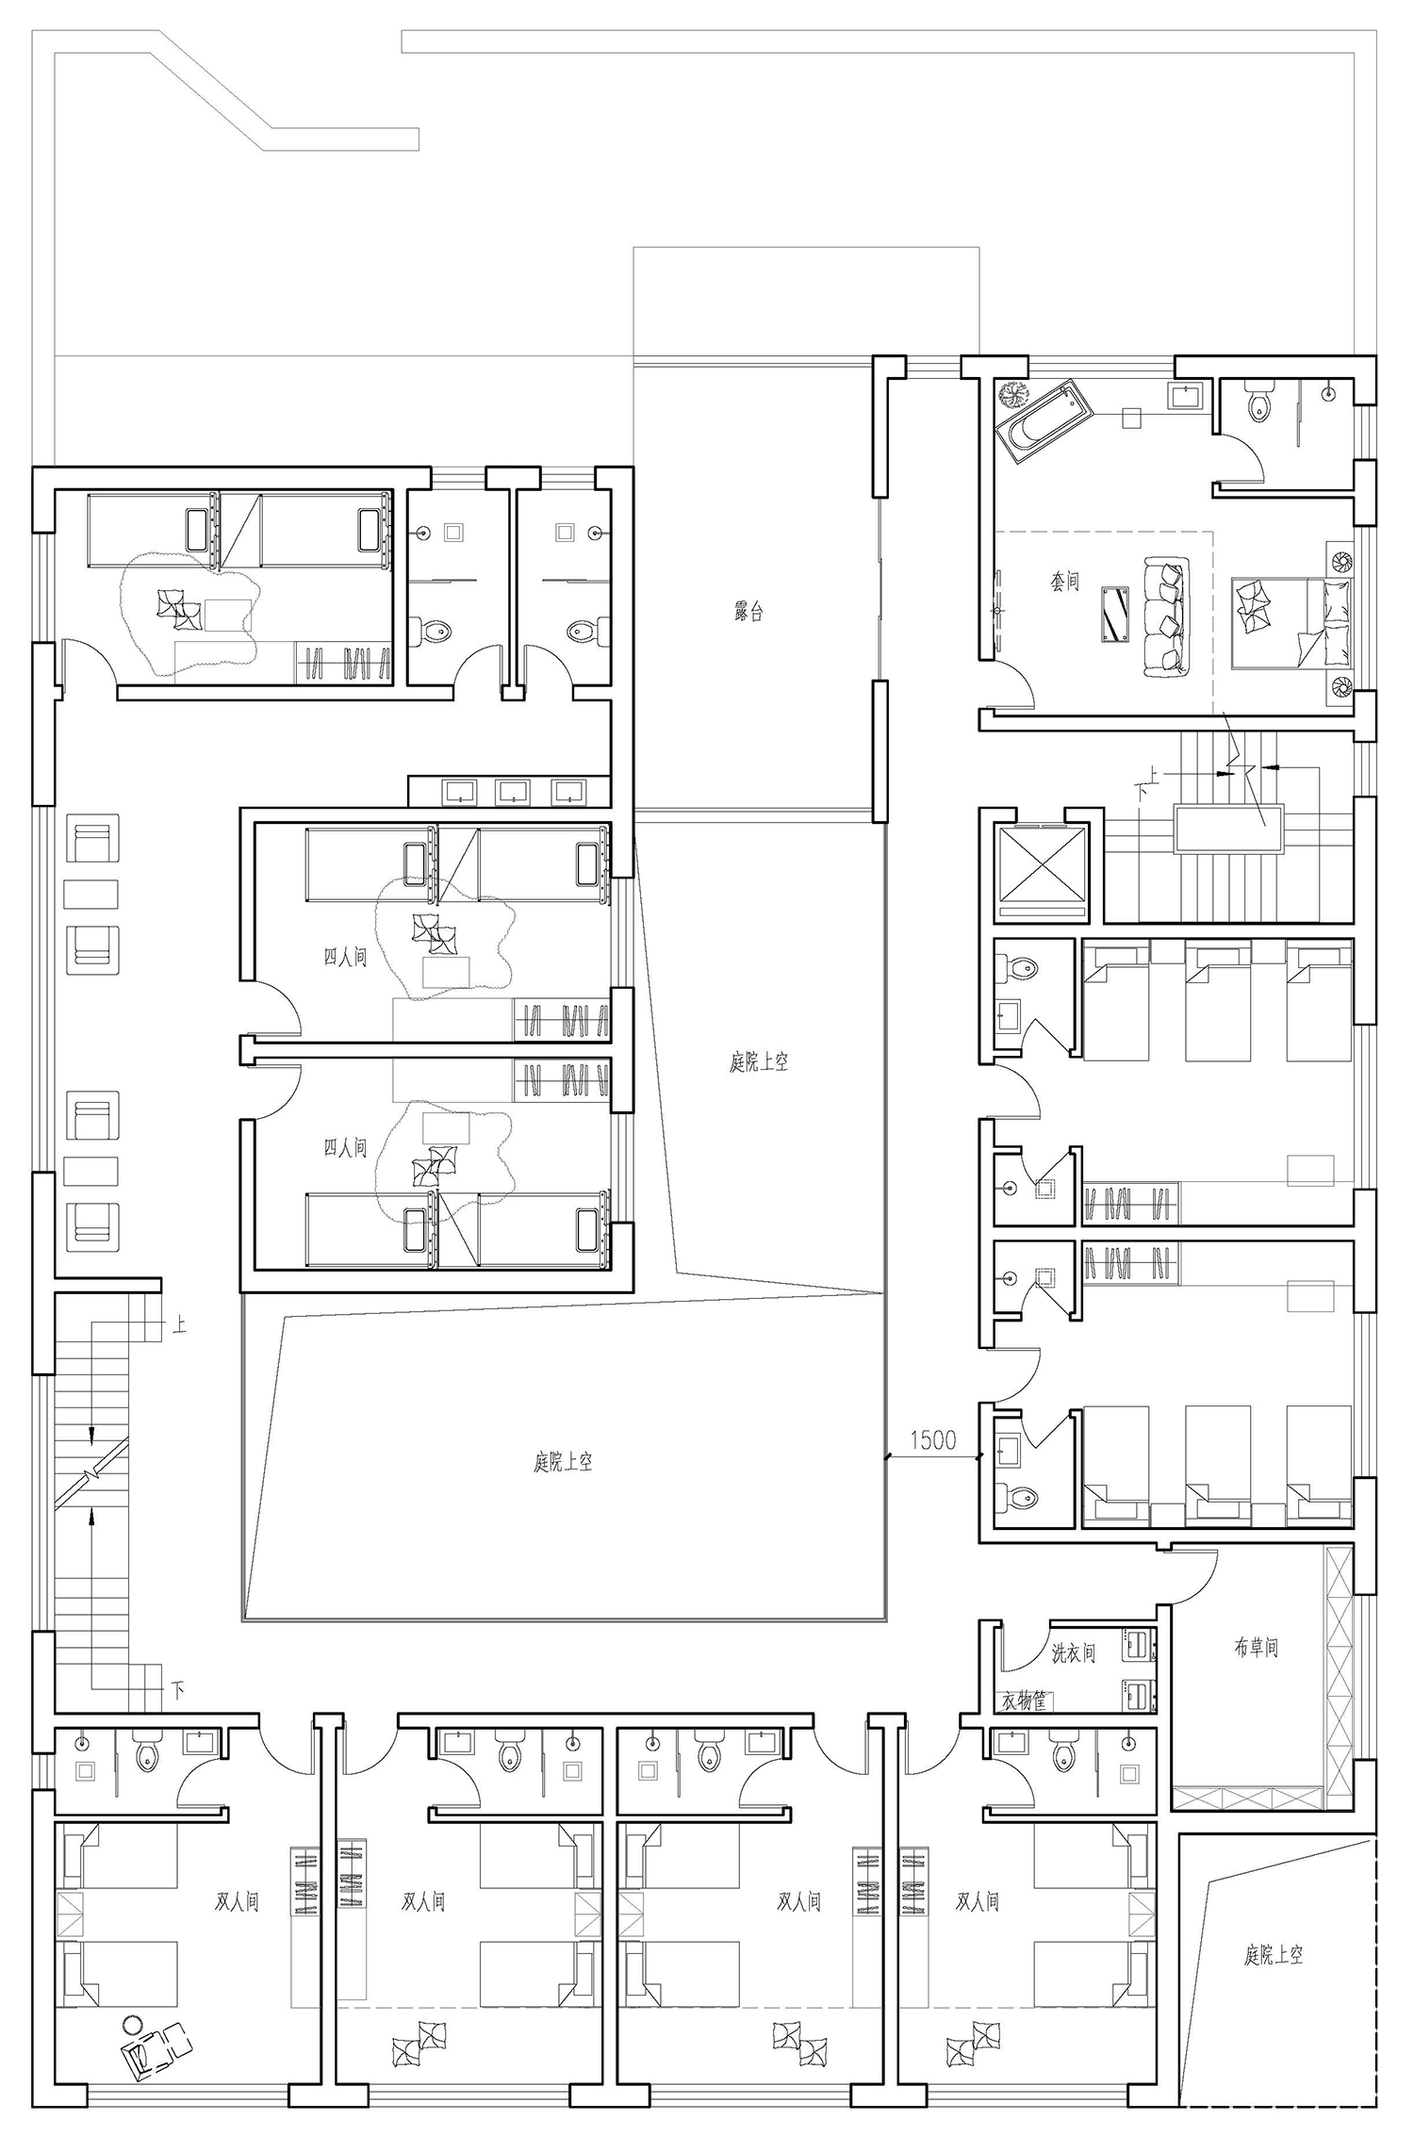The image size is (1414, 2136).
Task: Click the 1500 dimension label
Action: coord(932,1439)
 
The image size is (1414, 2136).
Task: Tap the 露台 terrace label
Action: coord(748,612)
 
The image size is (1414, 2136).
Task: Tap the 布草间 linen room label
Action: coord(1256,1647)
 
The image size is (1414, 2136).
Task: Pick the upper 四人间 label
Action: coord(345,958)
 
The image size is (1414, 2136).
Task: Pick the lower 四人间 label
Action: coord(345,1147)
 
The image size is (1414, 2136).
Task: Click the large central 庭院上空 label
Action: coord(563,1462)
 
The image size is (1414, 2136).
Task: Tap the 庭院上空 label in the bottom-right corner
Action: coord(1274,1955)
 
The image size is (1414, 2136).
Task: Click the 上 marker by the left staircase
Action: coord(179,1324)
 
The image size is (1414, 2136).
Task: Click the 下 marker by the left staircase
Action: coord(179,1689)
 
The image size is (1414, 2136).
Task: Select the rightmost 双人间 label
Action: coord(978,1901)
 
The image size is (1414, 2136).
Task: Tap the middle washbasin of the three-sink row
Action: coord(512,792)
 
